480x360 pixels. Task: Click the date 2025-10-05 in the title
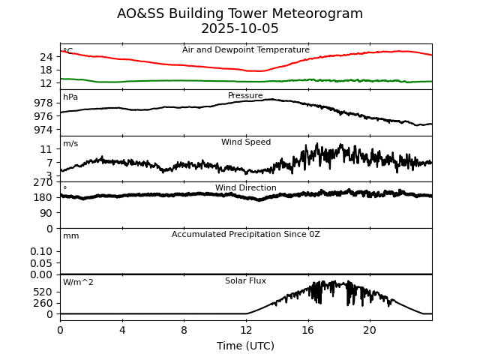click(240, 29)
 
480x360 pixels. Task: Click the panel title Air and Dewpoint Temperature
click(245, 50)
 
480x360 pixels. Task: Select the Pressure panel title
click(245, 96)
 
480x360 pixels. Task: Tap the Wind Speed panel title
click(245, 142)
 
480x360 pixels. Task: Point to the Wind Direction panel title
click(245, 188)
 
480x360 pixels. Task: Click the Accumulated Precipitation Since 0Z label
click(245, 235)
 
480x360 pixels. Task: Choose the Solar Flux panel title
click(245, 281)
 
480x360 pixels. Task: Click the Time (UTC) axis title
click(245, 346)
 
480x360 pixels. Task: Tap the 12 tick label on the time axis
click(246, 330)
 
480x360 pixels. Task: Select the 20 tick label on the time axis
click(370, 330)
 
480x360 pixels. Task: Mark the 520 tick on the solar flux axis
click(43, 292)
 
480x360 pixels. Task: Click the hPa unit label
click(70, 97)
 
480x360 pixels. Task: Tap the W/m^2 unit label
click(78, 283)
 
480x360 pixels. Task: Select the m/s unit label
click(70, 144)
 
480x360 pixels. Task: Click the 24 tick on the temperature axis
click(46, 57)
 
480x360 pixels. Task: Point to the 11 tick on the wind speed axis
click(46, 150)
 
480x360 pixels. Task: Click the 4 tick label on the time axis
click(122, 330)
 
